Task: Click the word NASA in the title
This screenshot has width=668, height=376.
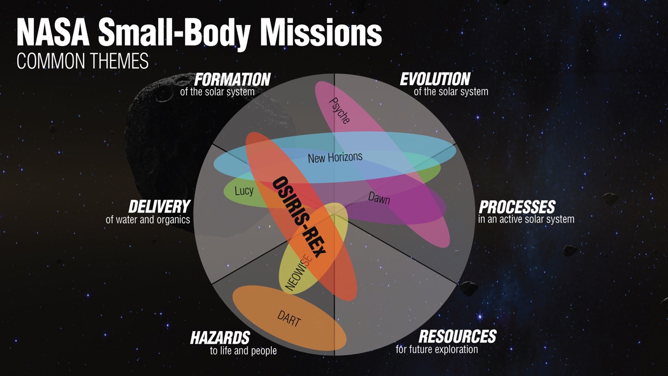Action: (53, 32)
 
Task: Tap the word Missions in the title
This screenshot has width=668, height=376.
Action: (321, 32)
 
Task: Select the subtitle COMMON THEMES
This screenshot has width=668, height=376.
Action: (82, 61)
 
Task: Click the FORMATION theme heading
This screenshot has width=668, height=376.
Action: (232, 79)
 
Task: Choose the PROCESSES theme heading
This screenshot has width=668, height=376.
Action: (517, 206)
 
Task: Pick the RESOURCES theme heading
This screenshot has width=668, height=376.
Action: (458, 336)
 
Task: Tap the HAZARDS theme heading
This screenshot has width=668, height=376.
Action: (220, 338)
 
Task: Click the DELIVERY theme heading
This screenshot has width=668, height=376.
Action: (159, 206)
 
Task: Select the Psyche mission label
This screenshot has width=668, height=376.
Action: (339, 111)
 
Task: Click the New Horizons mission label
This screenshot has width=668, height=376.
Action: (335, 157)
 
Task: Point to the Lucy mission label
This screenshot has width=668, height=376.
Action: (244, 191)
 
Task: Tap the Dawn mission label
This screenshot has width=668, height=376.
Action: (379, 198)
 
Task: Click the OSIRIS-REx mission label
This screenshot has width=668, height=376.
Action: (299, 217)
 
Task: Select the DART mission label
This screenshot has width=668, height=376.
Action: (289, 319)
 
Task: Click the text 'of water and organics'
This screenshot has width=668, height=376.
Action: (148, 220)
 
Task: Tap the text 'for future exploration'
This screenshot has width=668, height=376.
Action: (437, 349)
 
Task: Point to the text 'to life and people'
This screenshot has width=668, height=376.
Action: (243, 350)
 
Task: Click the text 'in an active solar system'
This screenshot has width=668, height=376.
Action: (527, 219)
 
